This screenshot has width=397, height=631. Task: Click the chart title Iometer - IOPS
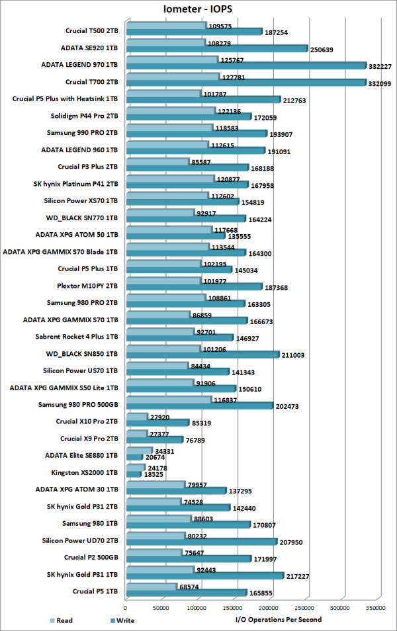[x=198, y=9]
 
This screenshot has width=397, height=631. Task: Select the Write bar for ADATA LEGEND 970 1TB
[x=245, y=65]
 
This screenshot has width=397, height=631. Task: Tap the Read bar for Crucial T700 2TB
[x=171, y=77]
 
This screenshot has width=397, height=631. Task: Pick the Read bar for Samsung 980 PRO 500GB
[x=167, y=400]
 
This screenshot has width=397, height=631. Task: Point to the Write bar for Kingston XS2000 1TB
[x=132, y=475]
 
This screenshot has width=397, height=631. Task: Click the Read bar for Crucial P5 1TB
[x=150, y=587]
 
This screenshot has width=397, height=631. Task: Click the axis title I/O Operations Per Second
[x=279, y=620]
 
